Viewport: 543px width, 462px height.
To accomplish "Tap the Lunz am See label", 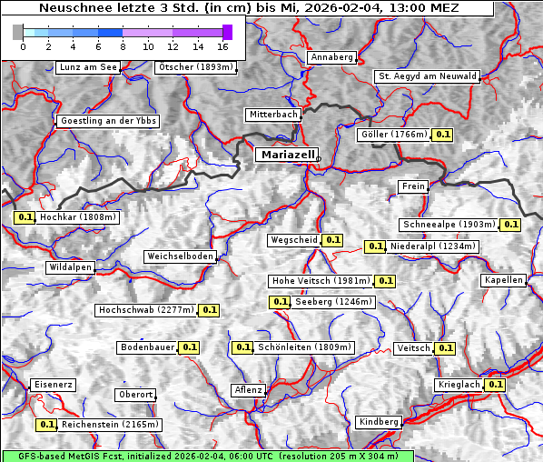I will point(88,67).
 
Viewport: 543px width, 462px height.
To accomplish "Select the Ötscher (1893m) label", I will point(196,67).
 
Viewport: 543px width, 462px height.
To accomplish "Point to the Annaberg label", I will point(331,57).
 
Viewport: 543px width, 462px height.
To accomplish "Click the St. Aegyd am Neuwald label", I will point(427,76).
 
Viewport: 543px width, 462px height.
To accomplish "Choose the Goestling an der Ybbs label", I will point(108,121).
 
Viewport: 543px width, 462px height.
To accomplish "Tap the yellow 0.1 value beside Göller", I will point(442,135).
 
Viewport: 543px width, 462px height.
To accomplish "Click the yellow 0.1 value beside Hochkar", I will point(25,218).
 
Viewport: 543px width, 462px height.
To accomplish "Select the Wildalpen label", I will point(71,267).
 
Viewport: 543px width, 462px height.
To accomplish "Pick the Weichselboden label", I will point(181,256).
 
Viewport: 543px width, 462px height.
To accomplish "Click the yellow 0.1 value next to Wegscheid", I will point(332,240).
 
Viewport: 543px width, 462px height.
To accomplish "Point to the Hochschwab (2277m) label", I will point(146,310).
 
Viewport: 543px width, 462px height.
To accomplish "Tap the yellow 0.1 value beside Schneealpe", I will point(510,225).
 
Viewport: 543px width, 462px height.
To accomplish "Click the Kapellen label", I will point(504,280).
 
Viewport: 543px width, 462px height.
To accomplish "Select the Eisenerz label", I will point(53,385).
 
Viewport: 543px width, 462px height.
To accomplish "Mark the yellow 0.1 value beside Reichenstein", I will point(46,425).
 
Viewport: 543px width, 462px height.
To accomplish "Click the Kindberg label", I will point(379,422).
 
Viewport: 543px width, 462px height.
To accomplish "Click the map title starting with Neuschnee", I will point(249,8).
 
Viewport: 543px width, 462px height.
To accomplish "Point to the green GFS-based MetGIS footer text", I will point(207,456).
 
